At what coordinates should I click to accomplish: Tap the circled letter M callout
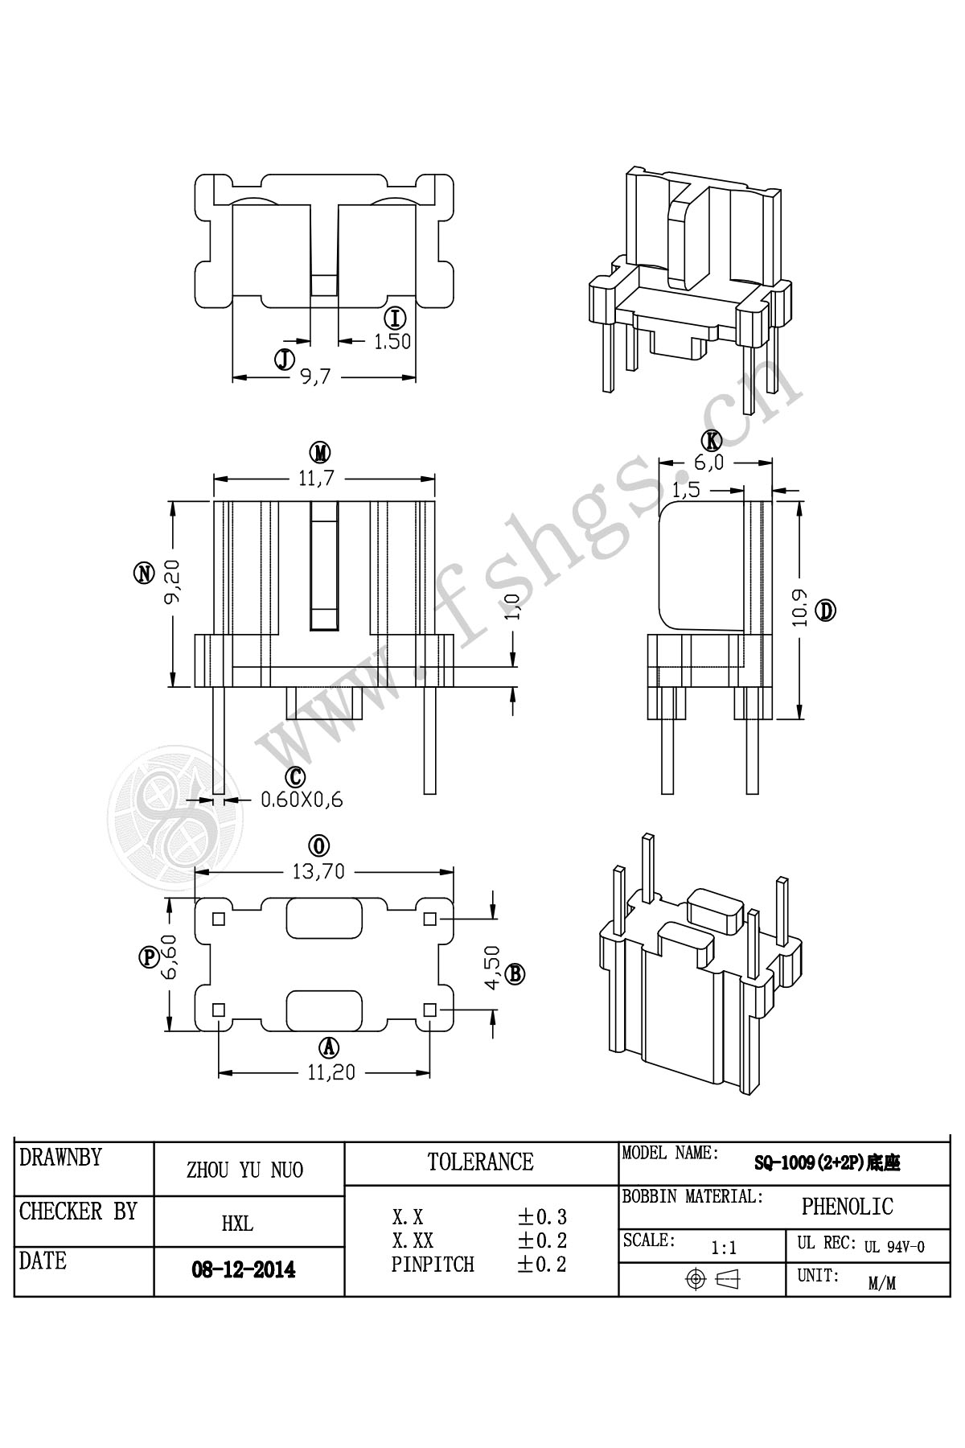322,454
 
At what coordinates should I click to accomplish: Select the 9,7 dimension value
316,376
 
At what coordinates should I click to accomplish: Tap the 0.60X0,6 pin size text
302,800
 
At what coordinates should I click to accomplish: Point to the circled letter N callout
144,573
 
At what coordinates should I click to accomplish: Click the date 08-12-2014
243,1270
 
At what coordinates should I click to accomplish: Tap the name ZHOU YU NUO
244,1170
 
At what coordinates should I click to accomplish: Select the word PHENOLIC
847,1207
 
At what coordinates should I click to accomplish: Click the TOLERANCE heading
480,1162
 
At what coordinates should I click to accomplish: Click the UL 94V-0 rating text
894,1247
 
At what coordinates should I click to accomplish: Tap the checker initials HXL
237,1224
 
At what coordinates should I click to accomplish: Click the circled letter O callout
320,845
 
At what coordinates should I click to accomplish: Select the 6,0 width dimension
709,463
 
